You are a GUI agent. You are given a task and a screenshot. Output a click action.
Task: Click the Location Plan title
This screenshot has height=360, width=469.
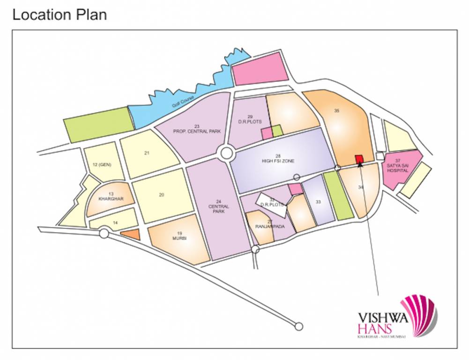point(60,15)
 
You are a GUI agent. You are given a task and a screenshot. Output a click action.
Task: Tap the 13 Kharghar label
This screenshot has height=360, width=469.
point(111,196)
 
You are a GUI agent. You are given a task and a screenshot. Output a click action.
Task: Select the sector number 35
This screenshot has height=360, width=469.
point(336,111)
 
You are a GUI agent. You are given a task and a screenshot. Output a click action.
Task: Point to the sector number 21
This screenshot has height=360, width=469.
point(147,153)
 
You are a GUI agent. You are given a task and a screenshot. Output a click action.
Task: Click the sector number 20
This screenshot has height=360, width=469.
point(161,195)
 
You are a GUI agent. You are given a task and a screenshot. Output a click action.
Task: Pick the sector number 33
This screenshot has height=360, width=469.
point(318,202)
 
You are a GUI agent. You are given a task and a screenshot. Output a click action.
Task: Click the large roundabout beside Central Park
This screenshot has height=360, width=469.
point(227,153)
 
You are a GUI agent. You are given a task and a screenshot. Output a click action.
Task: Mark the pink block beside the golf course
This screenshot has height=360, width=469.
point(260,68)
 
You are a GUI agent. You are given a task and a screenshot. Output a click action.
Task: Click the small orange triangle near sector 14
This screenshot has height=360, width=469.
point(132,234)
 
